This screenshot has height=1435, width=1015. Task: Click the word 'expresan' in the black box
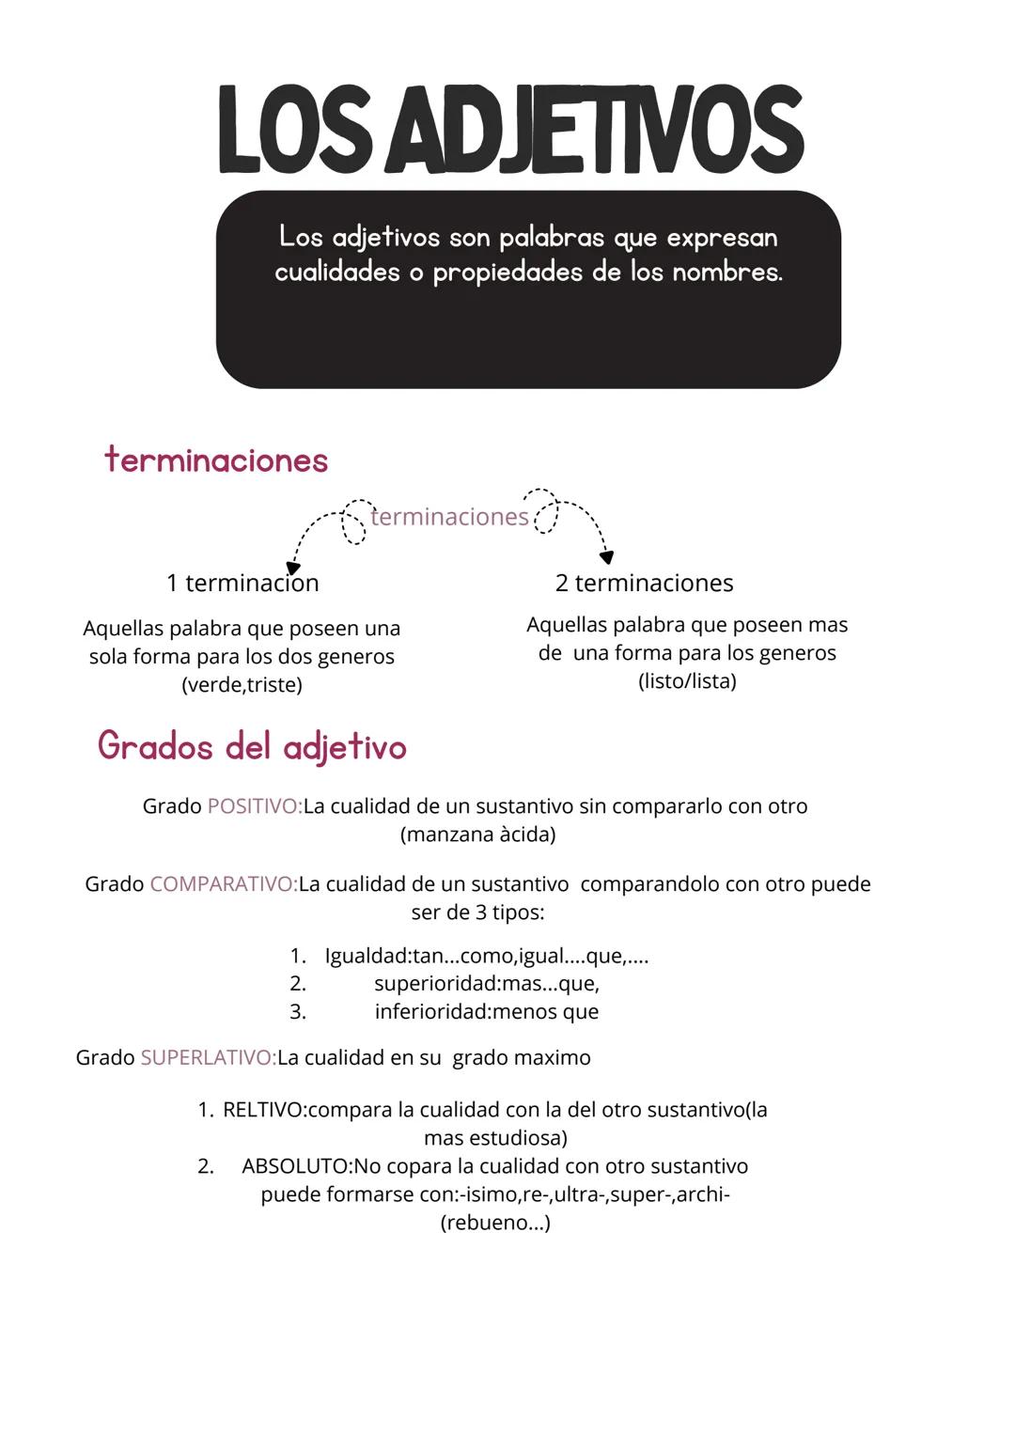tap(722, 238)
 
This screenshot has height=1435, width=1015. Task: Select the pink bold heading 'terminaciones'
tap(217, 460)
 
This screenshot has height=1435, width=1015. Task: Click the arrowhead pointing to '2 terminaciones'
tap(607, 557)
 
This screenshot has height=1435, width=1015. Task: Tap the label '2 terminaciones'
tap(644, 583)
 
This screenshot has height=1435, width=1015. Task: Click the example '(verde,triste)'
tap(242, 684)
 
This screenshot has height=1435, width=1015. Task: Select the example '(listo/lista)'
tap(687, 680)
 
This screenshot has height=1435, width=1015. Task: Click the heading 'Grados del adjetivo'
tap(252, 747)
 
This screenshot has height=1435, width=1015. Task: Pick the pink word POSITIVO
tap(254, 806)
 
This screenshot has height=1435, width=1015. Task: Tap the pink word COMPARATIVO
tap(223, 884)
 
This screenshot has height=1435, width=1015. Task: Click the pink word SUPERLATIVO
tap(208, 1058)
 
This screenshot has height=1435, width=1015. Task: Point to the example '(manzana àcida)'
tap(477, 834)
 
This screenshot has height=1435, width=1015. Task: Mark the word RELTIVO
tap(263, 1110)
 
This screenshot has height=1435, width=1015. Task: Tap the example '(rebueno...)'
tap(495, 1223)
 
